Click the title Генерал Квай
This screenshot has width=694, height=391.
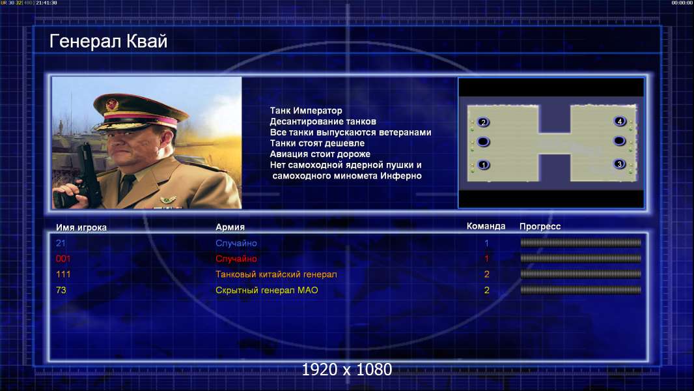[x=109, y=42]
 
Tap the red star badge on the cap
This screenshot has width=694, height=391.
[x=112, y=104]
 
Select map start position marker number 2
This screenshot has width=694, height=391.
[x=483, y=123]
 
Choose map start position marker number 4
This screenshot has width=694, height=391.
[x=620, y=121]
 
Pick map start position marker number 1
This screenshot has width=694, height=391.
[x=483, y=165]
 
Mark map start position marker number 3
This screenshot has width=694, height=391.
[x=619, y=164]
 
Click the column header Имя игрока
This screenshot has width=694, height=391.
[x=81, y=227]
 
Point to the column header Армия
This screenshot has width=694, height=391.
[x=230, y=227]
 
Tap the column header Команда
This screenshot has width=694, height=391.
[x=486, y=226]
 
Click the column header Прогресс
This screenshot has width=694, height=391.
[x=540, y=227]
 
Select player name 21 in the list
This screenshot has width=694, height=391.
[x=61, y=243]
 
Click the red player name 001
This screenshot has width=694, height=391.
[x=63, y=259]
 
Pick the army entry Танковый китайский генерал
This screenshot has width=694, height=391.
[x=276, y=274]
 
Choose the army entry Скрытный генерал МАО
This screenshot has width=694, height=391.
[x=267, y=291]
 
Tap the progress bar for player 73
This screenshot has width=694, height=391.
[x=581, y=290]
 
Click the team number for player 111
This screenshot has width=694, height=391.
[x=487, y=274]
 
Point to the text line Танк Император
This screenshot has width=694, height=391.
[x=306, y=111]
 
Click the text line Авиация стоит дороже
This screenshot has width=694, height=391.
[x=320, y=154]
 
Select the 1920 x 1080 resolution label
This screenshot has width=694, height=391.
[x=347, y=369]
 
